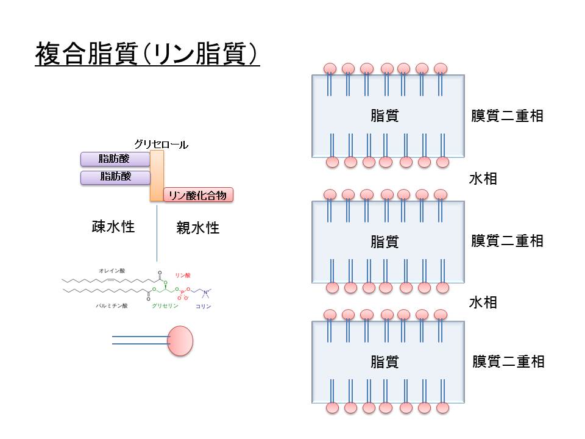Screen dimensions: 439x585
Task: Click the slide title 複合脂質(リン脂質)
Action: click(x=147, y=54)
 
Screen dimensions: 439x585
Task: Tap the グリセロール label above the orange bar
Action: click(x=161, y=145)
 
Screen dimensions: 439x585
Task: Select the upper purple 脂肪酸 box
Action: click(x=115, y=159)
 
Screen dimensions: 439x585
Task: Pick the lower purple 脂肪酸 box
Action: click(x=115, y=177)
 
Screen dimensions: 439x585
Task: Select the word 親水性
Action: click(x=197, y=229)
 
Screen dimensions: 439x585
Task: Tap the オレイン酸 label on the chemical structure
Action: click(x=112, y=270)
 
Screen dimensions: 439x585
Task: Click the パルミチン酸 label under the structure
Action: click(x=112, y=305)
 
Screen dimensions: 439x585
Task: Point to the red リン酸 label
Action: click(x=183, y=276)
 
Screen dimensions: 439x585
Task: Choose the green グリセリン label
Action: click(x=165, y=305)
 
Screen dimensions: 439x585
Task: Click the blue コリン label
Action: click(x=204, y=306)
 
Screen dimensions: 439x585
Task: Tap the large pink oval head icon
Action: click(x=180, y=340)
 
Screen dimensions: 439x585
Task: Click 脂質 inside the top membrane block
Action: click(x=385, y=116)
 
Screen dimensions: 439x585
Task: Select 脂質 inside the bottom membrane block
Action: click(x=385, y=362)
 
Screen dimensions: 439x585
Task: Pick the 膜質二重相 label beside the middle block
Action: click(x=507, y=241)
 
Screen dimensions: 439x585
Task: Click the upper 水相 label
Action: click(x=483, y=179)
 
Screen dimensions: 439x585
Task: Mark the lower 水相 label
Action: click(x=483, y=302)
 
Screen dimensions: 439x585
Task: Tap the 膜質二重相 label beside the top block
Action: click(x=507, y=116)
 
